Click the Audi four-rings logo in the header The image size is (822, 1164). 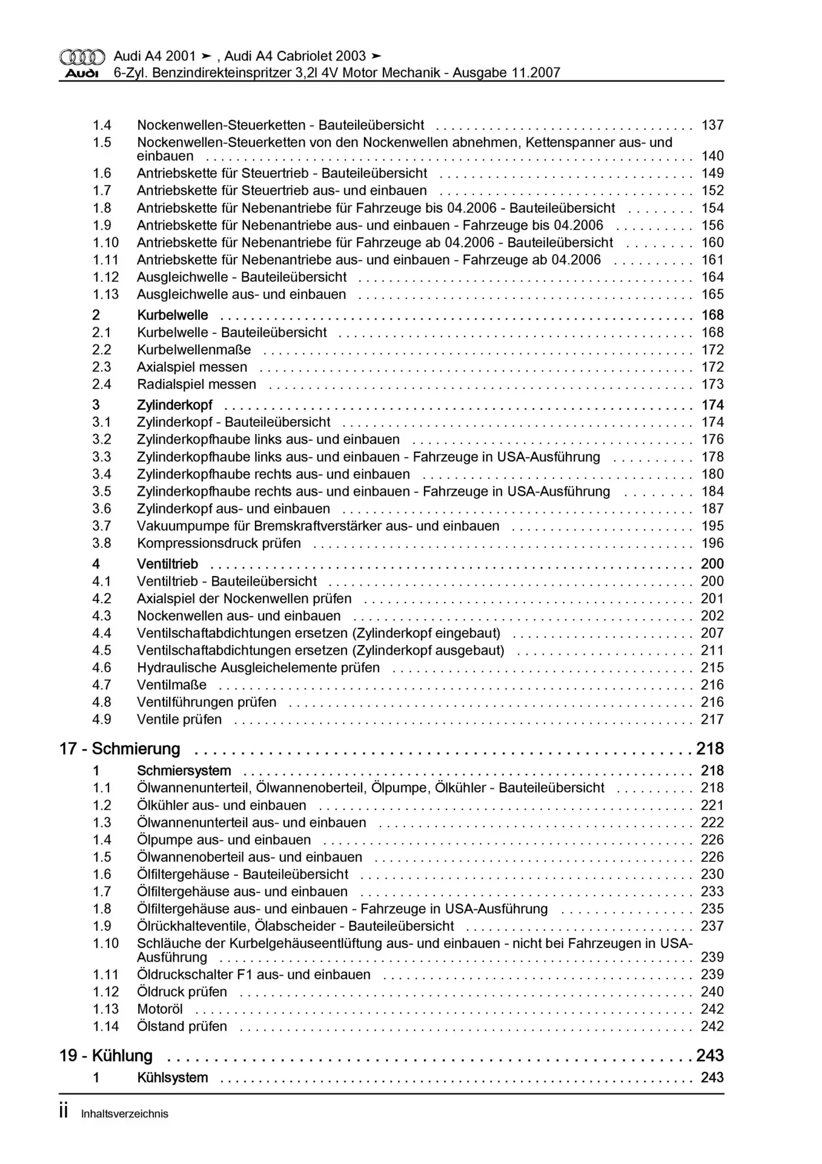pyautogui.click(x=82, y=57)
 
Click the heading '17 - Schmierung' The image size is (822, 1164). pyautogui.click(x=119, y=749)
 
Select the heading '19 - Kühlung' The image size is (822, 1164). pyautogui.click(x=105, y=1055)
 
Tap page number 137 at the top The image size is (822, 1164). pyautogui.click(x=712, y=125)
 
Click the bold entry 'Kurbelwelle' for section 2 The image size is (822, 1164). pyautogui.click(x=173, y=315)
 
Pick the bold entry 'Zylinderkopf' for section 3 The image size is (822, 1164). pyautogui.click(x=174, y=405)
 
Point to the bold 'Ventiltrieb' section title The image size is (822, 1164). pyautogui.click(x=167, y=564)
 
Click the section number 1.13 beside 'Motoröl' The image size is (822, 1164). pyautogui.click(x=105, y=1009)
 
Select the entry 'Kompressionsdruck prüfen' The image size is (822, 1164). pyautogui.click(x=219, y=543)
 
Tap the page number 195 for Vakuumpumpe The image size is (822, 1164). pyautogui.click(x=712, y=526)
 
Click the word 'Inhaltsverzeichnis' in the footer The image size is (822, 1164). pyautogui.click(x=124, y=1114)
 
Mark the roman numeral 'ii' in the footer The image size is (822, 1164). pyautogui.click(x=64, y=1112)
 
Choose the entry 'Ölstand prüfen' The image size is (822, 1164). pyautogui.click(x=182, y=1026)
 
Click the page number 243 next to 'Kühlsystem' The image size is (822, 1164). pyautogui.click(x=712, y=1077)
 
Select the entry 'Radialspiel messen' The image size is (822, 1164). pyautogui.click(x=196, y=384)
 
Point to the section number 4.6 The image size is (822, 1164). pyautogui.click(x=102, y=667)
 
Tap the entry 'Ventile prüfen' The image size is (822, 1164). pyautogui.click(x=179, y=720)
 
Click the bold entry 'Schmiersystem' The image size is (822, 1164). pyautogui.click(x=184, y=771)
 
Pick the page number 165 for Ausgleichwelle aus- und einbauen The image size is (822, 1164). pyautogui.click(x=712, y=295)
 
